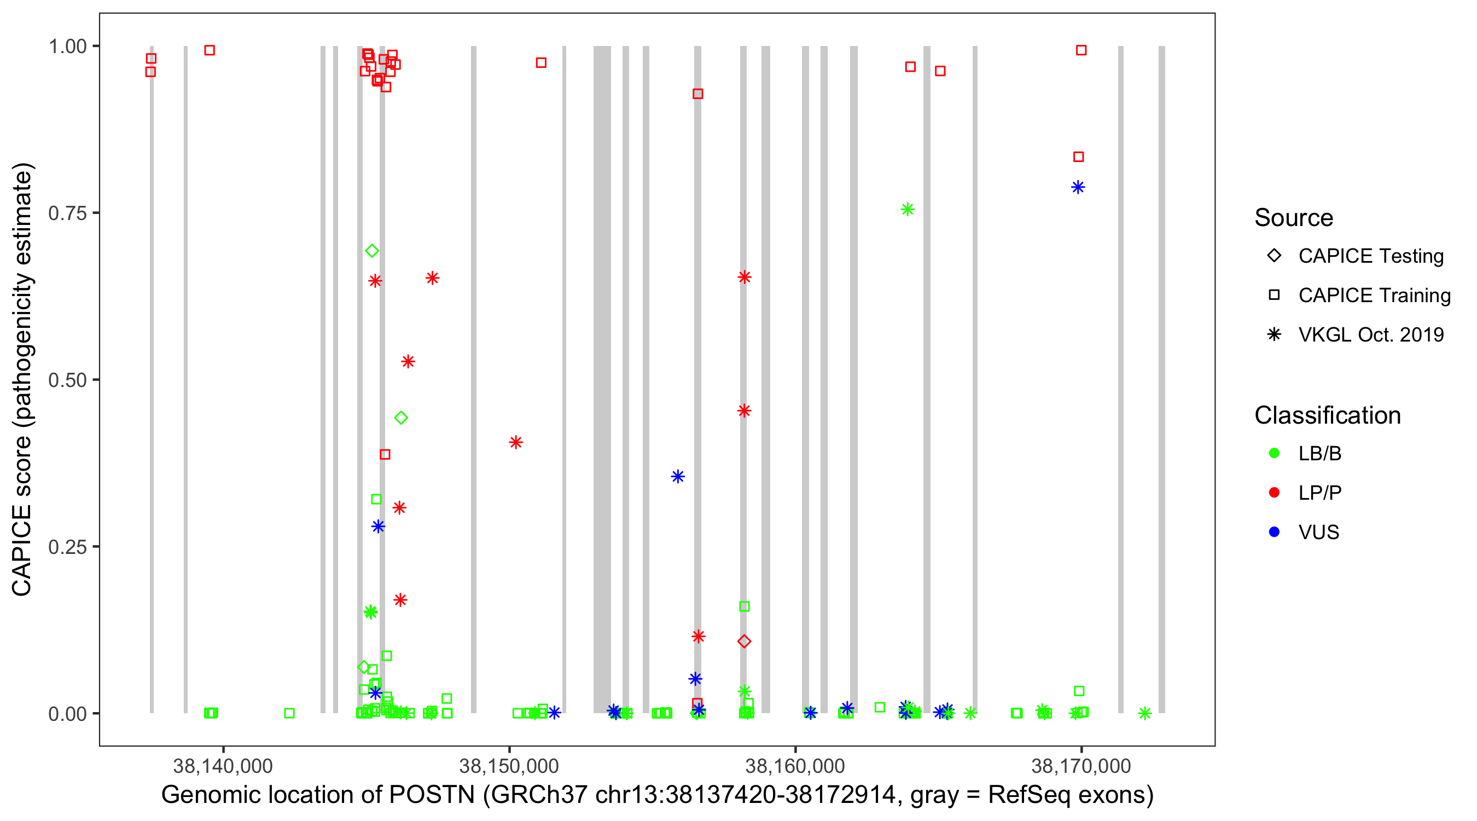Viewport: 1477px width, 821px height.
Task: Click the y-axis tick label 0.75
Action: (67, 213)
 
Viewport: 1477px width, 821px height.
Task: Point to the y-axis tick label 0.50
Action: (67, 380)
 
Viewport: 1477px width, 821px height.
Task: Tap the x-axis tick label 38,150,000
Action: (509, 766)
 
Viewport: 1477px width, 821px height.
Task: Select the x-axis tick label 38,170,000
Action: (1081, 766)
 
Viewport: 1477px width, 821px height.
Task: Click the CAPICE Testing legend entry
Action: (1370, 256)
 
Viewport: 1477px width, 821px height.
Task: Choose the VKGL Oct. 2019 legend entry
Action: (1370, 335)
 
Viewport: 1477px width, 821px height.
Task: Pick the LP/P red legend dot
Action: (1274, 493)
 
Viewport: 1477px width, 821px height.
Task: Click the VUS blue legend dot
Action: (1274, 533)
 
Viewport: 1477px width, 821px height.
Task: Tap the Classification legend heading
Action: (1327, 415)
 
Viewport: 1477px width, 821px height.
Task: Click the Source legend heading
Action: (1294, 218)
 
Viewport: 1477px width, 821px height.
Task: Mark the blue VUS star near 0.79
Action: (1078, 188)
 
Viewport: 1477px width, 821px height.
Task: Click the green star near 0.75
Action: (907, 210)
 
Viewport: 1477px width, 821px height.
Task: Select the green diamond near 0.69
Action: (372, 251)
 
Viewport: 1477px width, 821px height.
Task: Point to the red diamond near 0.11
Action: (744, 641)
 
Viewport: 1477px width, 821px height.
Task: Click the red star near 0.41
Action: (515, 442)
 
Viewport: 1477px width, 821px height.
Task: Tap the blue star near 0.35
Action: (678, 477)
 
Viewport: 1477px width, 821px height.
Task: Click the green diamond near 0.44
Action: (402, 418)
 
